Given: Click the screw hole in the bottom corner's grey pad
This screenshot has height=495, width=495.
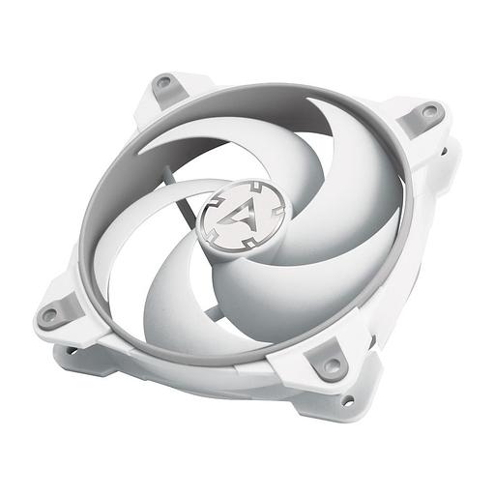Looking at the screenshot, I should coord(332,364).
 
